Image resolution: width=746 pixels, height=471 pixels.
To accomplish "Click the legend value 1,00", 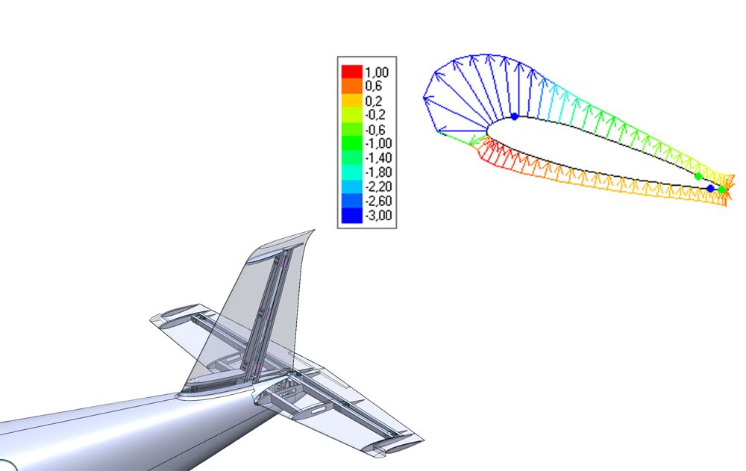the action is (x=377, y=72).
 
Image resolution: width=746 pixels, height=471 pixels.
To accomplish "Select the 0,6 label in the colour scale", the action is (x=374, y=86).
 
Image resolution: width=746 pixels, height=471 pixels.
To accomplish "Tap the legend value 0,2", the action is (x=374, y=101).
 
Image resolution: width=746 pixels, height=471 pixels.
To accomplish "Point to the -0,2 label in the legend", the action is (x=375, y=115).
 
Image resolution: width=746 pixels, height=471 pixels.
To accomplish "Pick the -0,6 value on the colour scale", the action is (x=375, y=130).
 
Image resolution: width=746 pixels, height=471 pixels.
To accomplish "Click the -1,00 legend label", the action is (x=379, y=143).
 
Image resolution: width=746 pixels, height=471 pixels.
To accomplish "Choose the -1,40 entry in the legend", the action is (x=379, y=157).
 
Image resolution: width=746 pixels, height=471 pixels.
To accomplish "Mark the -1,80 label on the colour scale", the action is (x=379, y=172).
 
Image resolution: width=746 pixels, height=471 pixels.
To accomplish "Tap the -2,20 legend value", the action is (x=379, y=186).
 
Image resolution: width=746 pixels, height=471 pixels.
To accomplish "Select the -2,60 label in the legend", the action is (x=379, y=201).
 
